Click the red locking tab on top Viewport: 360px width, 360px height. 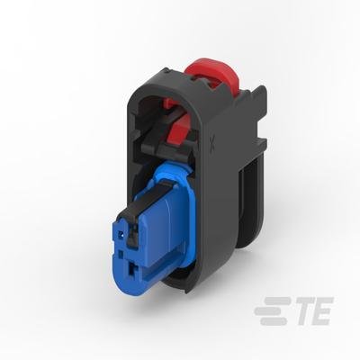214,72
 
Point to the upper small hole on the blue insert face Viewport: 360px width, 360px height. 121,235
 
